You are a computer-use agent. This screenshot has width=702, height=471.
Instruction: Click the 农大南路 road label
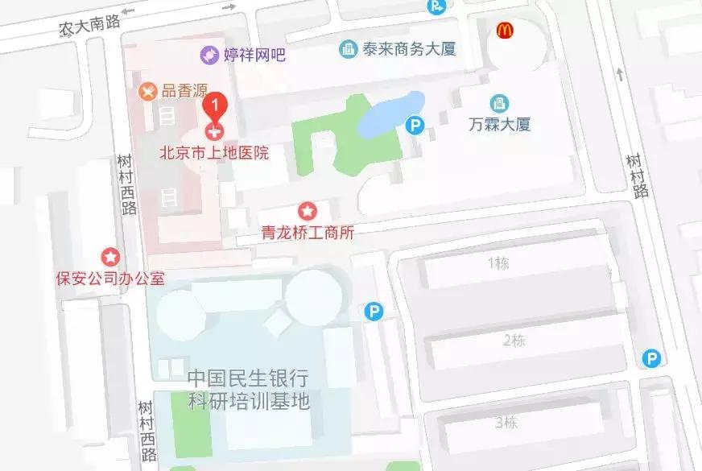pyautogui.click(x=89, y=26)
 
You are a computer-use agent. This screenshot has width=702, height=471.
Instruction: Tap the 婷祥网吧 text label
pyautogui.click(x=254, y=55)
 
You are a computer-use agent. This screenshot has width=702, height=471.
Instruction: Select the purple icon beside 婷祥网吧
pyautogui.click(x=209, y=55)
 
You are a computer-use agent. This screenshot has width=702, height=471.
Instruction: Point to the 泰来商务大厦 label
pyautogui.click(x=409, y=49)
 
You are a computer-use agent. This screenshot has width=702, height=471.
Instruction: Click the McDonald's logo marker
pyautogui.click(x=506, y=31)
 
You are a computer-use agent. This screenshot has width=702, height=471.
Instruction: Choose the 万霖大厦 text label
pyautogui.click(x=500, y=125)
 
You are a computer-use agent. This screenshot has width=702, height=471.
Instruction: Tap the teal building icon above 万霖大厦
pyautogui.click(x=500, y=103)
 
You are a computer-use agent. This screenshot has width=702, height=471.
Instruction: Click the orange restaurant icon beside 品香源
pyautogui.click(x=147, y=91)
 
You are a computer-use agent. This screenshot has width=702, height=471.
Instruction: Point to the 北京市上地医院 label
pyautogui.click(x=213, y=152)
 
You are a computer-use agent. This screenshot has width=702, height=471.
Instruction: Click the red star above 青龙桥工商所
pyautogui.click(x=308, y=212)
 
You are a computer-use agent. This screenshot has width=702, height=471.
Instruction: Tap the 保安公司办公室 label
pyautogui.click(x=110, y=279)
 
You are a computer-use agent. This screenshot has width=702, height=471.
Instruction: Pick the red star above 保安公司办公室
pyautogui.click(x=110, y=257)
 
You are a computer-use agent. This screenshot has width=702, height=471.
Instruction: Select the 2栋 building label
pyautogui.click(x=514, y=340)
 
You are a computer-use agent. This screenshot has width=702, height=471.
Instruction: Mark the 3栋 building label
pyautogui.click(x=506, y=422)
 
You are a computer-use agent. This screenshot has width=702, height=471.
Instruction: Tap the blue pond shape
pyautogui.click(x=391, y=114)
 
